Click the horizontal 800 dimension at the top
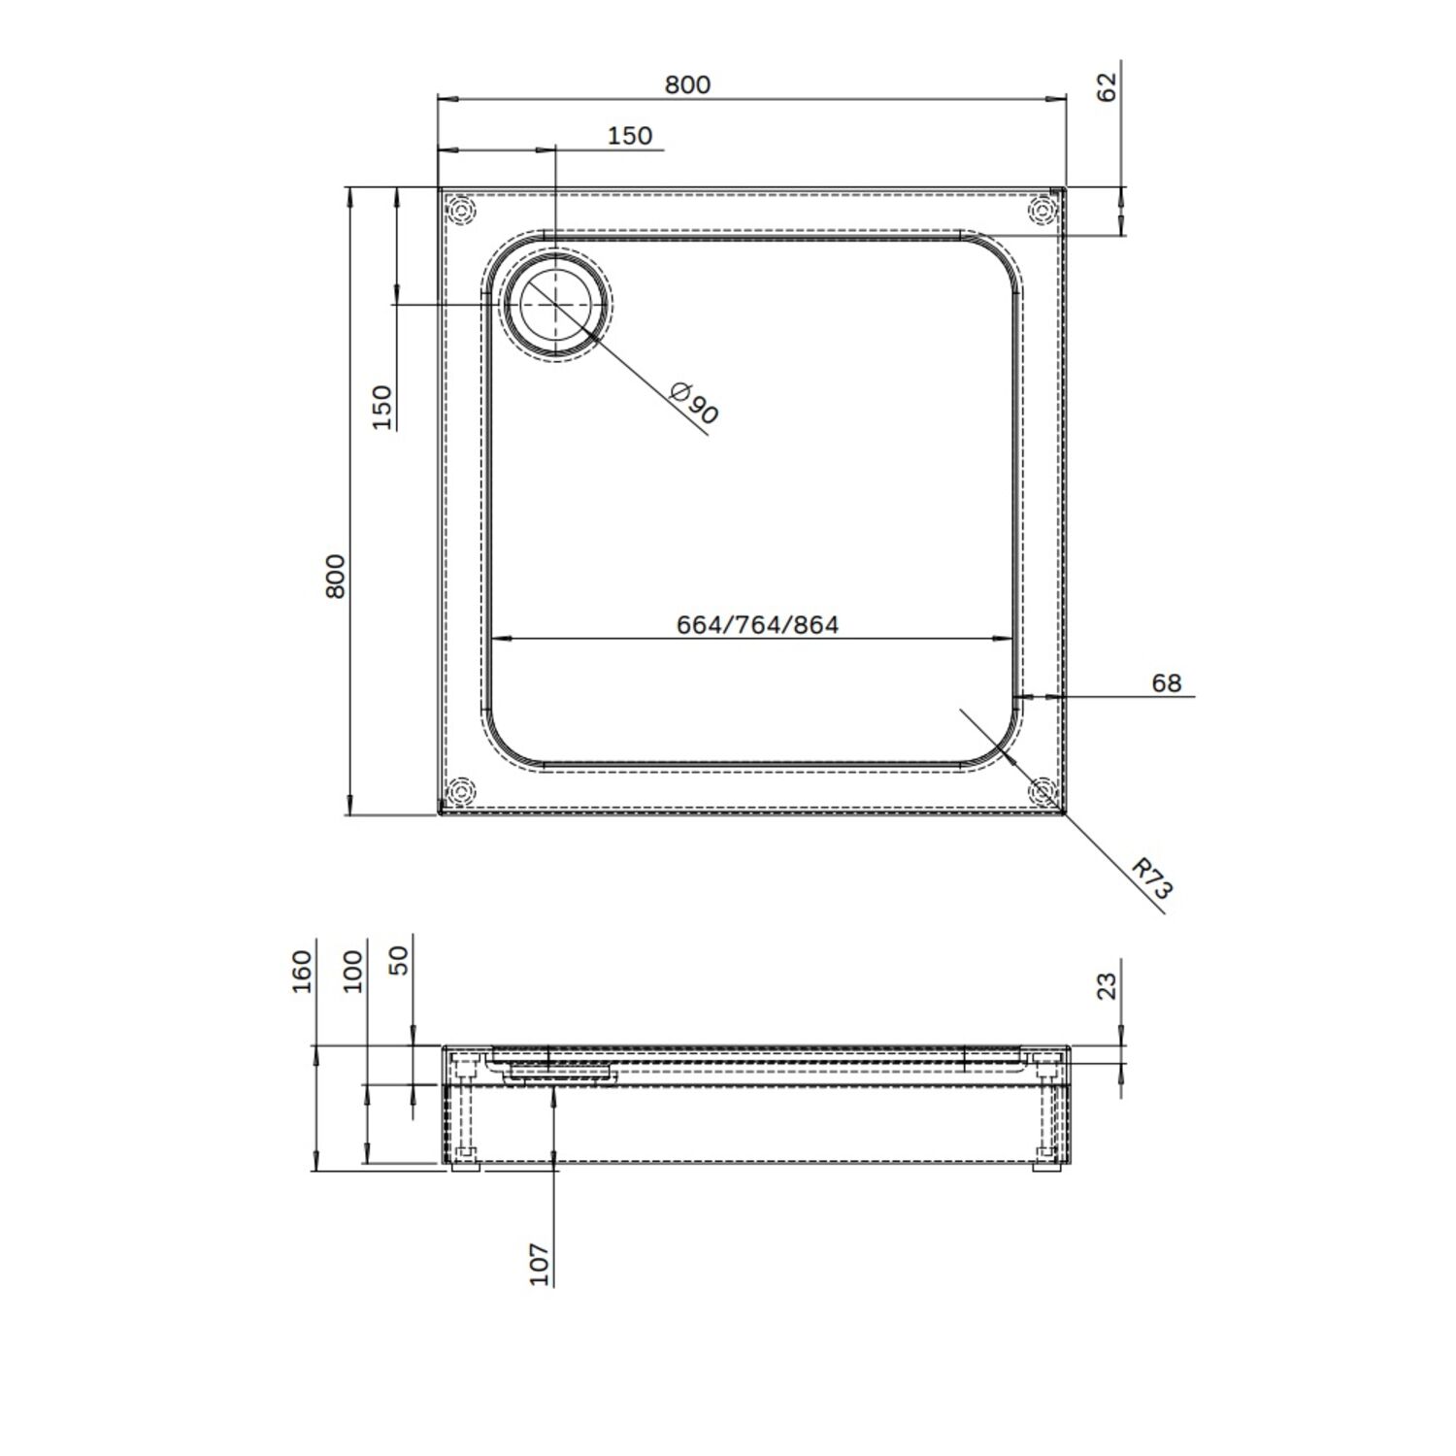(x=687, y=84)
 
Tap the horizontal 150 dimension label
(x=630, y=136)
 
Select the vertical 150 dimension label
(x=382, y=408)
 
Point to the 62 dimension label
(x=1108, y=86)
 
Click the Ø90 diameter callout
(x=695, y=403)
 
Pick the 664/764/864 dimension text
(x=757, y=624)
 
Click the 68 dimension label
(x=1167, y=683)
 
